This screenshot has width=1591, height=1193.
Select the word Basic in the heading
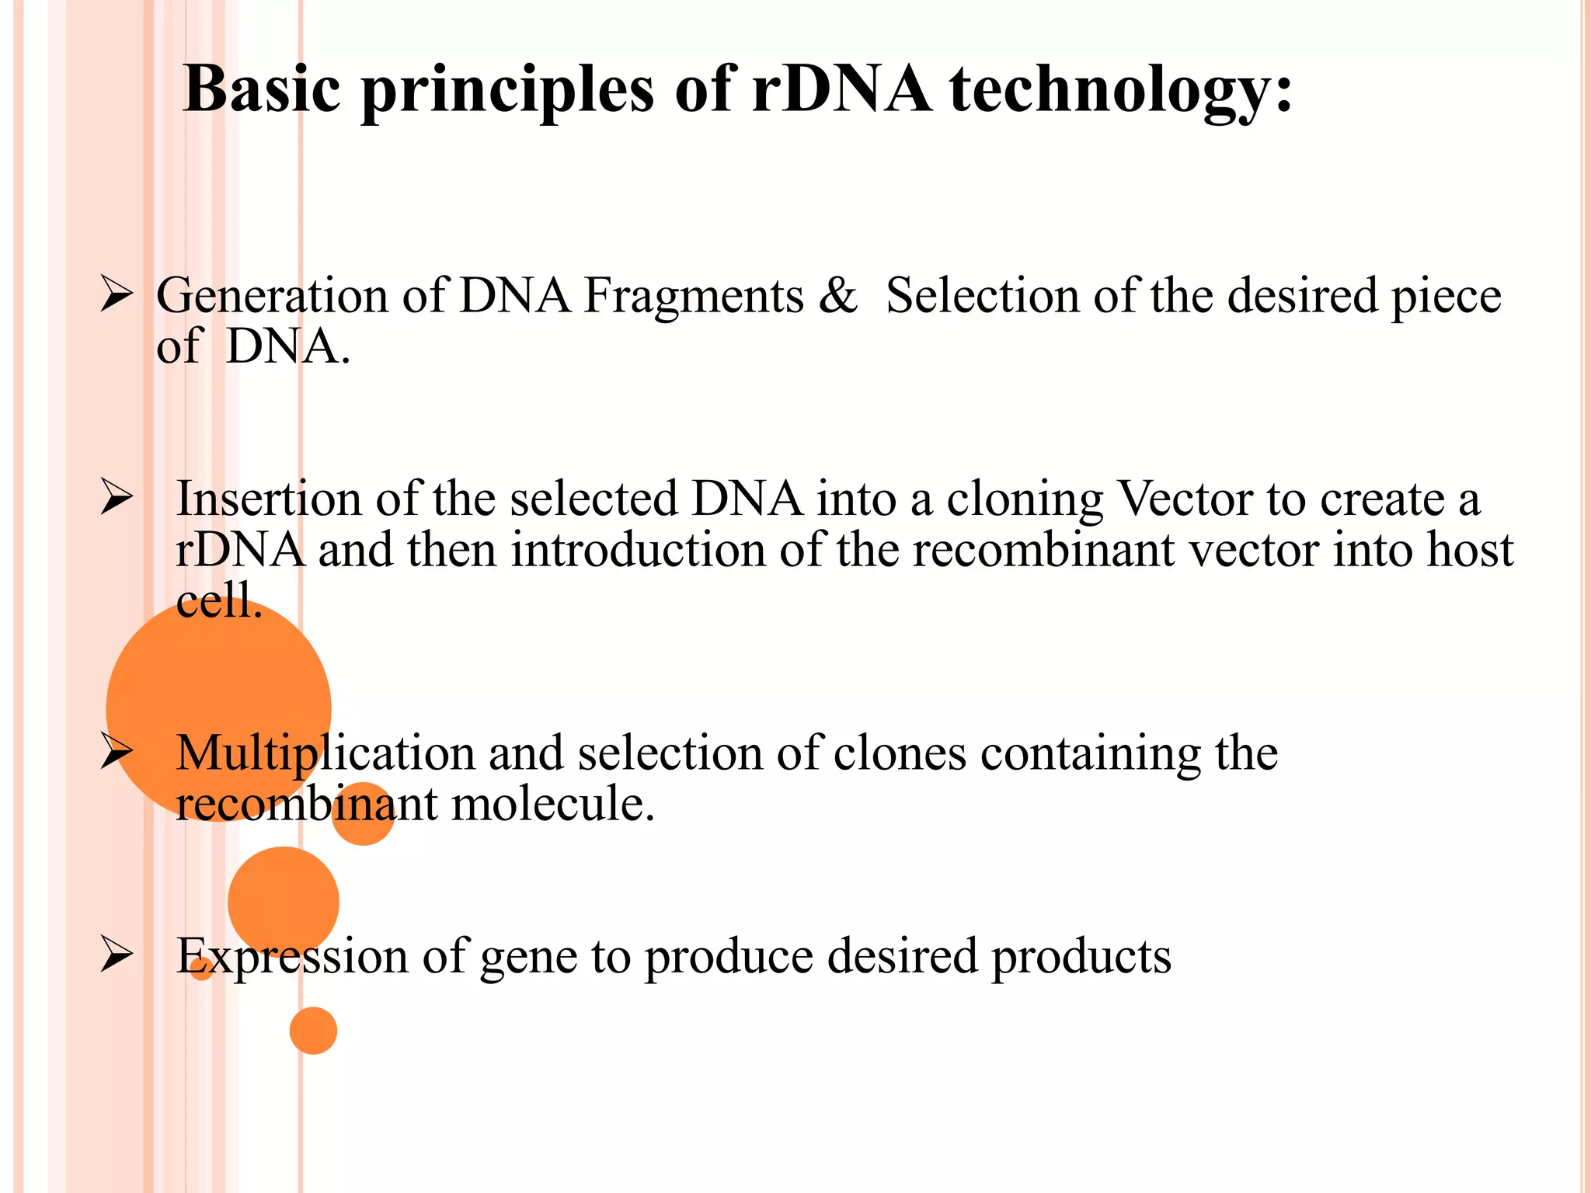coord(262,89)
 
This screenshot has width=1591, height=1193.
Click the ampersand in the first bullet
coord(837,296)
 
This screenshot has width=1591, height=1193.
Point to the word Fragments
coord(694,296)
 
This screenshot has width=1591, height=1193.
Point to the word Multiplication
coord(326,753)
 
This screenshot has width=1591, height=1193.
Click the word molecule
coord(553,804)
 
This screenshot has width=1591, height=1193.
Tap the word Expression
coord(292,956)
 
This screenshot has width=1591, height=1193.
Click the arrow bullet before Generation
coord(117,296)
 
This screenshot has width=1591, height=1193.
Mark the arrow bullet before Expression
coord(117,956)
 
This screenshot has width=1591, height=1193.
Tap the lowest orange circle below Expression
coord(313,1031)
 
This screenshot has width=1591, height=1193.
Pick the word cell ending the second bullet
coord(219,600)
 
